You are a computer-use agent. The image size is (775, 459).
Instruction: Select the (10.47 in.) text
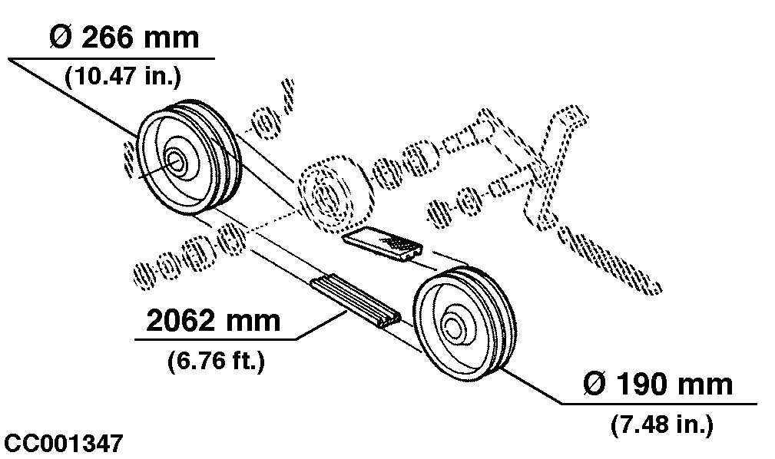coord(122,75)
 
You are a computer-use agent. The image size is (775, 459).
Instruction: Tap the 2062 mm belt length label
coord(213,320)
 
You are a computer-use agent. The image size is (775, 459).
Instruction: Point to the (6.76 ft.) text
coord(215,360)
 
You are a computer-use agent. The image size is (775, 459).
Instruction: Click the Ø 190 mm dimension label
coord(658,384)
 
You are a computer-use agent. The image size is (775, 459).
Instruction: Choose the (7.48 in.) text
coord(661,423)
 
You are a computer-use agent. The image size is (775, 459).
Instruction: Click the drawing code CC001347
coord(63,444)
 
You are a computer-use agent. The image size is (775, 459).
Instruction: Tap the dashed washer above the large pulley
coord(266,122)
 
